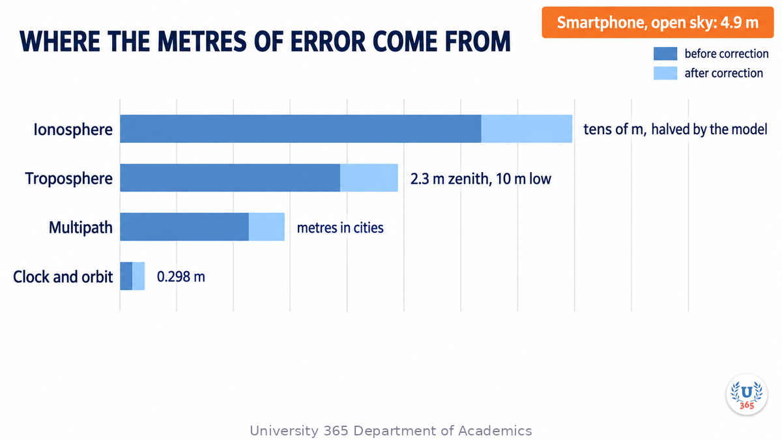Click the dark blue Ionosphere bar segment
pyautogui.click(x=300, y=128)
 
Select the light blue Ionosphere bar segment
pyautogui.click(x=527, y=128)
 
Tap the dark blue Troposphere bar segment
pyautogui.click(x=230, y=178)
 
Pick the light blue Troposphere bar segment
pyautogui.click(x=369, y=178)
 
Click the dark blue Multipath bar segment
pyautogui.click(x=184, y=227)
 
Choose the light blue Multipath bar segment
pyautogui.click(x=267, y=227)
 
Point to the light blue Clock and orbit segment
pyautogui.click(x=139, y=276)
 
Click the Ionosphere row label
pyautogui.click(x=73, y=130)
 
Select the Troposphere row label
pyautogui.click(x=69, y=179)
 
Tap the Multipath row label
pyautogui.click(x=81, y=227)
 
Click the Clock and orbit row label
pyautogui.click(x=63, y=277)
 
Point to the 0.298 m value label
pyautogui.click(x=181, y=276)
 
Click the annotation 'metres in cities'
pyautogui.click(x=340, y=227)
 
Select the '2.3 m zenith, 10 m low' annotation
pyautogui.click(x=481, y=179)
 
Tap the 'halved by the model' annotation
pyautogui.click(x=709, y=129)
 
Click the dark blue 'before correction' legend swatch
pyautogui.click(x=665, y=53)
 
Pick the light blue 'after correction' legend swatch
pyautogui.click(x=665, y=73)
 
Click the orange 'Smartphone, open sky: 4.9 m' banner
pyautogui.click(x=658, y=22)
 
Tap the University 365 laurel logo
pyautogui.click(x=747, y=394)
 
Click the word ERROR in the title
pyautogui.click(x=328, y=42)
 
